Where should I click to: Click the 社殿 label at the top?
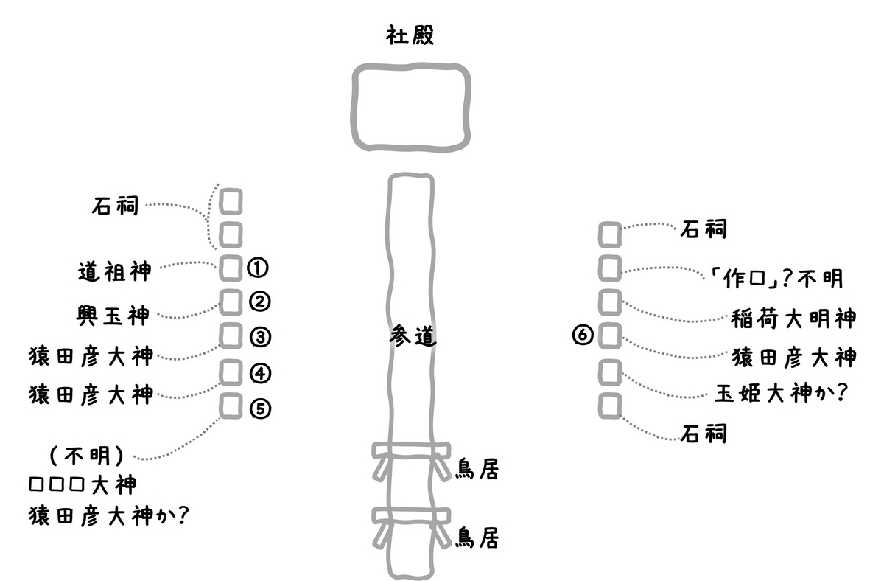tap(410, 35)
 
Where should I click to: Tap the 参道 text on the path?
tap(413, 336)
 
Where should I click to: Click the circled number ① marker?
tap(258, 268)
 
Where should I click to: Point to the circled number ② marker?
tap(259, 302)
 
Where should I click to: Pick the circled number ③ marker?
tap(260, 337)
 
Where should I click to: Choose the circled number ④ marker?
tap(260, 373)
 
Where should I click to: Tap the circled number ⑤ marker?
tap(260, 408)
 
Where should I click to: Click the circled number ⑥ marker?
tap(583, 335)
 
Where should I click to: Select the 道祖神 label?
tap(114, 271)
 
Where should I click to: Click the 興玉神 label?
tap(113, 316)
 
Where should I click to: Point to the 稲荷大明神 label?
tap(793, 319)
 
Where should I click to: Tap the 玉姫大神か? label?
tap(782, 393)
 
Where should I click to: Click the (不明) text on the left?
tap(87, 456)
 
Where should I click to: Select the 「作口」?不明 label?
tap(776, 278)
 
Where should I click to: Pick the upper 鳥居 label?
tap(477, 469)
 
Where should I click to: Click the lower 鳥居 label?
tap(477, 537)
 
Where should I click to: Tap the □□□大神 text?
tap(83, 484)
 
